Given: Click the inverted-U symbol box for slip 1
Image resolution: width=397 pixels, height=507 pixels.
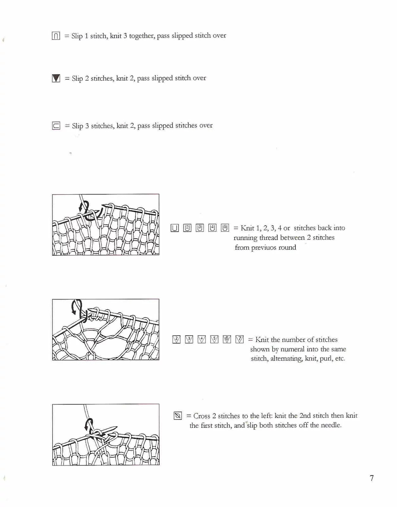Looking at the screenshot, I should [56, 36].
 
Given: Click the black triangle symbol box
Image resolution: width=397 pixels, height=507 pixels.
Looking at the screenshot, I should [56, 78].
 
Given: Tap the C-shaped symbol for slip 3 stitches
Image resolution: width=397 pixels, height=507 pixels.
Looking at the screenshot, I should [56, 126].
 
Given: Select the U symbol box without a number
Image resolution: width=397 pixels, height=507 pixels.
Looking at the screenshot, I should [175, 228].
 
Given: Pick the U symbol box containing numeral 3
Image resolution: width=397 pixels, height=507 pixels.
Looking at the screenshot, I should [200, 228].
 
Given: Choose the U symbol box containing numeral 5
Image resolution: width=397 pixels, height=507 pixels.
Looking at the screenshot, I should [225, 228].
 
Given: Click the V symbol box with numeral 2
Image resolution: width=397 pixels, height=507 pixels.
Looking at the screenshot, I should [176, 339].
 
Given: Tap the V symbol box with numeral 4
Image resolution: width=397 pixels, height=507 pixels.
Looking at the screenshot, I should [202, 339].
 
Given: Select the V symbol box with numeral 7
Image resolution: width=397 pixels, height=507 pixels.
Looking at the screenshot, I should [240, 339].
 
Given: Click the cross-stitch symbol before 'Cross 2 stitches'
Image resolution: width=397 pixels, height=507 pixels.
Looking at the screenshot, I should [178, 416].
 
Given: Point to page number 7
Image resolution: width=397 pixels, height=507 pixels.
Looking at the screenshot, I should [372, 478].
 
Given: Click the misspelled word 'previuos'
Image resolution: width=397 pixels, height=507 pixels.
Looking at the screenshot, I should [264, 247].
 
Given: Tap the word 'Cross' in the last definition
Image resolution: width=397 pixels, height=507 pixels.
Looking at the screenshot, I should [202, 416].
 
